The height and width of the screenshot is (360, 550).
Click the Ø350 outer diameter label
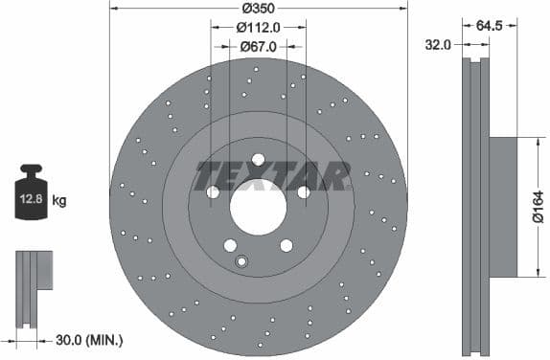[x=258, y=9]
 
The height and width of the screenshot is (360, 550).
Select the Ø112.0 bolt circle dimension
[x=259, y=27]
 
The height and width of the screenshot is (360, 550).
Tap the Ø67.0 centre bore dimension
[x=258, y=45]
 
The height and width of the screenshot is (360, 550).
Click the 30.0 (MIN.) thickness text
[x=90, y=340]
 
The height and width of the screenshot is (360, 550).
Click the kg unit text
[x=59, y=201]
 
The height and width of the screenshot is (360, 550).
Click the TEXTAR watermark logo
[x=272, y=176]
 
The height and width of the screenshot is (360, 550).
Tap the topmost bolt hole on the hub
[x=259, y=159]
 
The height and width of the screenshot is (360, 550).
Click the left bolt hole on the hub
[x=214, y=192]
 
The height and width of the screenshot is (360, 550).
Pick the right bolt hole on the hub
[x=304, y=192]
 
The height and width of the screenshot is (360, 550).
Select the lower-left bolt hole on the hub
[x=230, y=245]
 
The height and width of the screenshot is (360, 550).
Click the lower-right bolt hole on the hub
[x=286, y=245]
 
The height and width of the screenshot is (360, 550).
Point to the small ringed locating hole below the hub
[x=241, y=262]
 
